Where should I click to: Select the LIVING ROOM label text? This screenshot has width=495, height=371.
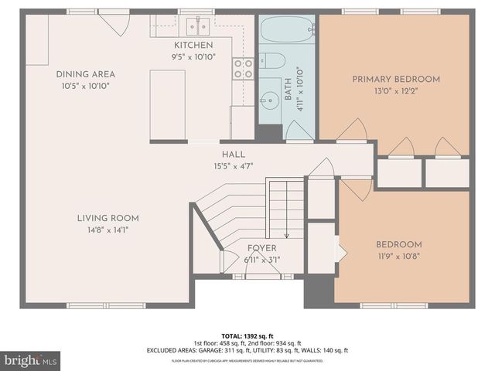[x=108, y=218]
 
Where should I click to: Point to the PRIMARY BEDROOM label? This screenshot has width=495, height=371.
[x=396, y=79]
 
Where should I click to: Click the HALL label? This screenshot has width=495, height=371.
[x=233, y=154]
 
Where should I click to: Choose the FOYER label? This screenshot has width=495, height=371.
[x=261, y=248]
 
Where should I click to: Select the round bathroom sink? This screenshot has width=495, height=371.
[x=270, y=99]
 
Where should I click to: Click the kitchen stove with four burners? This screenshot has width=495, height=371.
[x=243, y=69]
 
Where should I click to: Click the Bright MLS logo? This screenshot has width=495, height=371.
[x=31, y=360]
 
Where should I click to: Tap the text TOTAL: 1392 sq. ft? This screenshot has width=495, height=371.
[x=247, y=335]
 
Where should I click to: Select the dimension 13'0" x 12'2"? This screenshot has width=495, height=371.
[x=396, y=90]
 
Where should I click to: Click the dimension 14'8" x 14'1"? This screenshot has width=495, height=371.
[x=108, y=229]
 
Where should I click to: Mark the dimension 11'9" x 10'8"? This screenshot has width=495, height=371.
[x=401, y=256]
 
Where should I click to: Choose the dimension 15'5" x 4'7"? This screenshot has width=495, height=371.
[x=233, y=165]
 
